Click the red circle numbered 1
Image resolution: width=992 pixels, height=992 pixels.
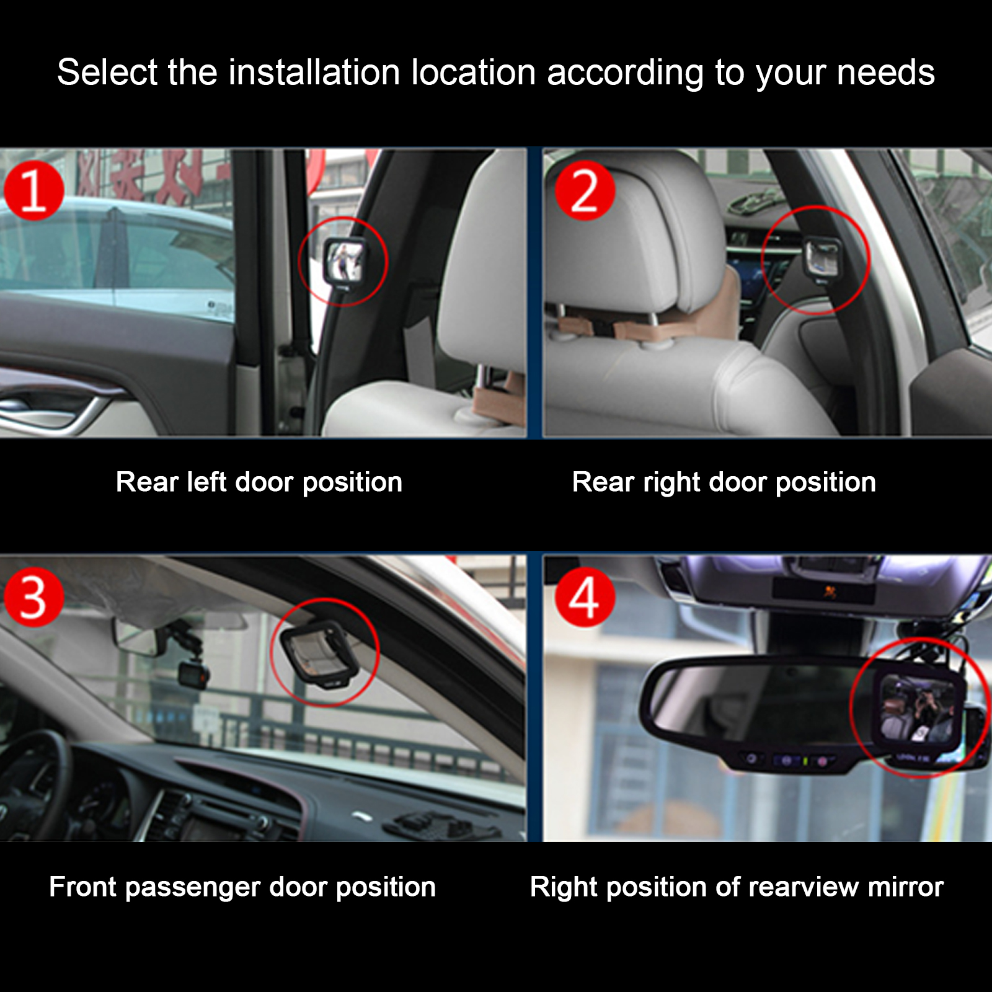point(33,190)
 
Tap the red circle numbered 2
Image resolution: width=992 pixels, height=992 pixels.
point(584,190)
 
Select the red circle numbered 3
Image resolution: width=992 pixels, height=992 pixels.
point(33,597)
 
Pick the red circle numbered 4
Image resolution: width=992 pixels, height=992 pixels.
point(584,597)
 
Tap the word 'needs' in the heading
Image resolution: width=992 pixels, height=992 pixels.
point(886,73)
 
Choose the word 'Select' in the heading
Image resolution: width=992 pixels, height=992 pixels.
point(107,72)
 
